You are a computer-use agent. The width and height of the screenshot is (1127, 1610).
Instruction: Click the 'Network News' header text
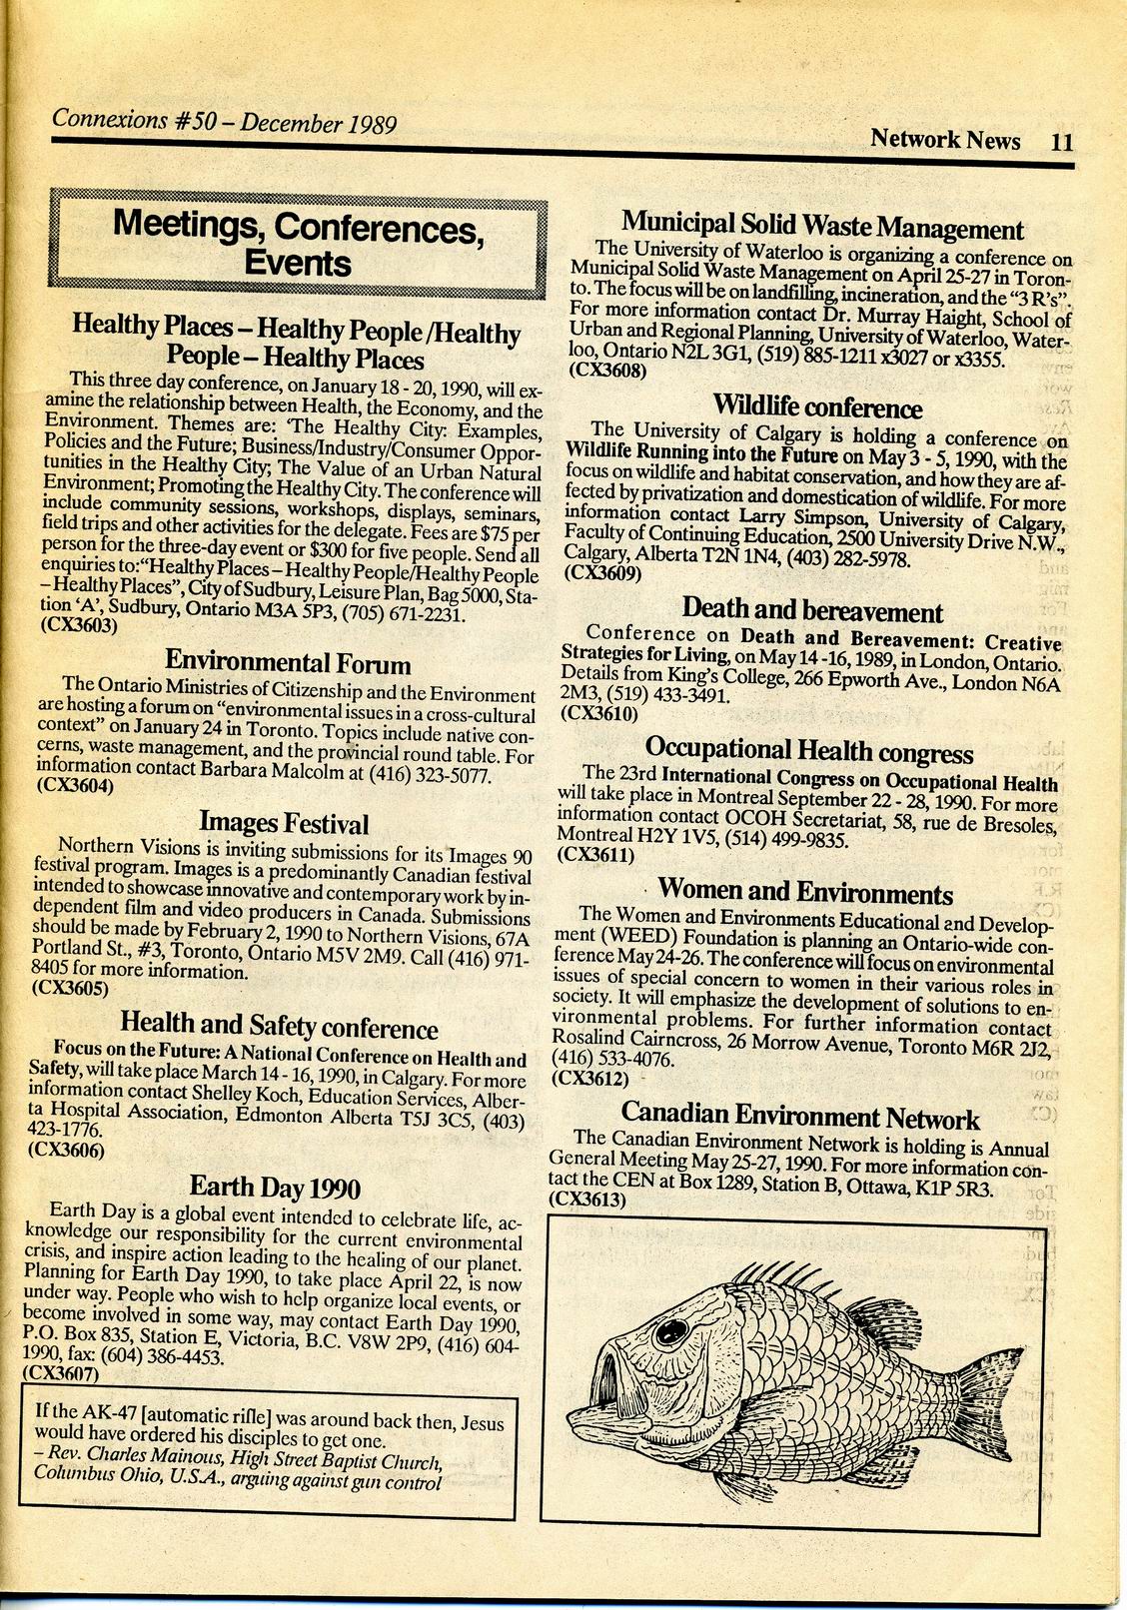click(945, 138)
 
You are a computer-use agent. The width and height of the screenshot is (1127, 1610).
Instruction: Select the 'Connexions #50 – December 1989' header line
click(225, 122)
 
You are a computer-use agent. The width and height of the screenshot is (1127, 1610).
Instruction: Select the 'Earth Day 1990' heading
click(275, 1187)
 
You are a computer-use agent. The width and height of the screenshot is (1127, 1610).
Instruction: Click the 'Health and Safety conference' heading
click(279, 1025)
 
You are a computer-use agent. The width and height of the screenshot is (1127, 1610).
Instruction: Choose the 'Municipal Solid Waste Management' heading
click(822, 225)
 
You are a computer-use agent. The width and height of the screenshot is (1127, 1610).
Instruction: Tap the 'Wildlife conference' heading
click(817, 406)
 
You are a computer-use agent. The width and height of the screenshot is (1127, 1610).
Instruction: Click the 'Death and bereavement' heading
click(812, 609)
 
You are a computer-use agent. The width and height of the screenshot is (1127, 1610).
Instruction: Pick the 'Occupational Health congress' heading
click(809, 749)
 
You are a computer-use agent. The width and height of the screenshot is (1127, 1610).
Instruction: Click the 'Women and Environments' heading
click(805, 891)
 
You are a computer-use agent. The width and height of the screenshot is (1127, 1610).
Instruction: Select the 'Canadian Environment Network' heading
click(799, 1115)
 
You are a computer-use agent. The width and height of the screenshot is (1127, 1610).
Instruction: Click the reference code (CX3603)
click(79, 627)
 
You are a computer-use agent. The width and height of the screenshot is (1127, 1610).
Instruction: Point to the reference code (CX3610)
click(599, 713)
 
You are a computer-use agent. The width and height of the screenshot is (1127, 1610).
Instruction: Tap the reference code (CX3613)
click(587, 1199)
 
